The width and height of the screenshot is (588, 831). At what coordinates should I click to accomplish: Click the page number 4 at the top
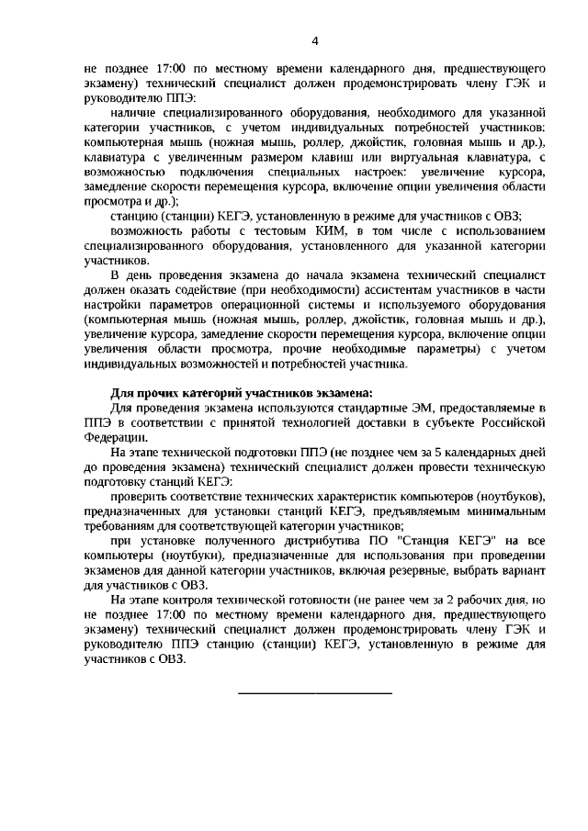pos(315,41)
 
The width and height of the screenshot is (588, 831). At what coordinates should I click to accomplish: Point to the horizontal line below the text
pos(315,691)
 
